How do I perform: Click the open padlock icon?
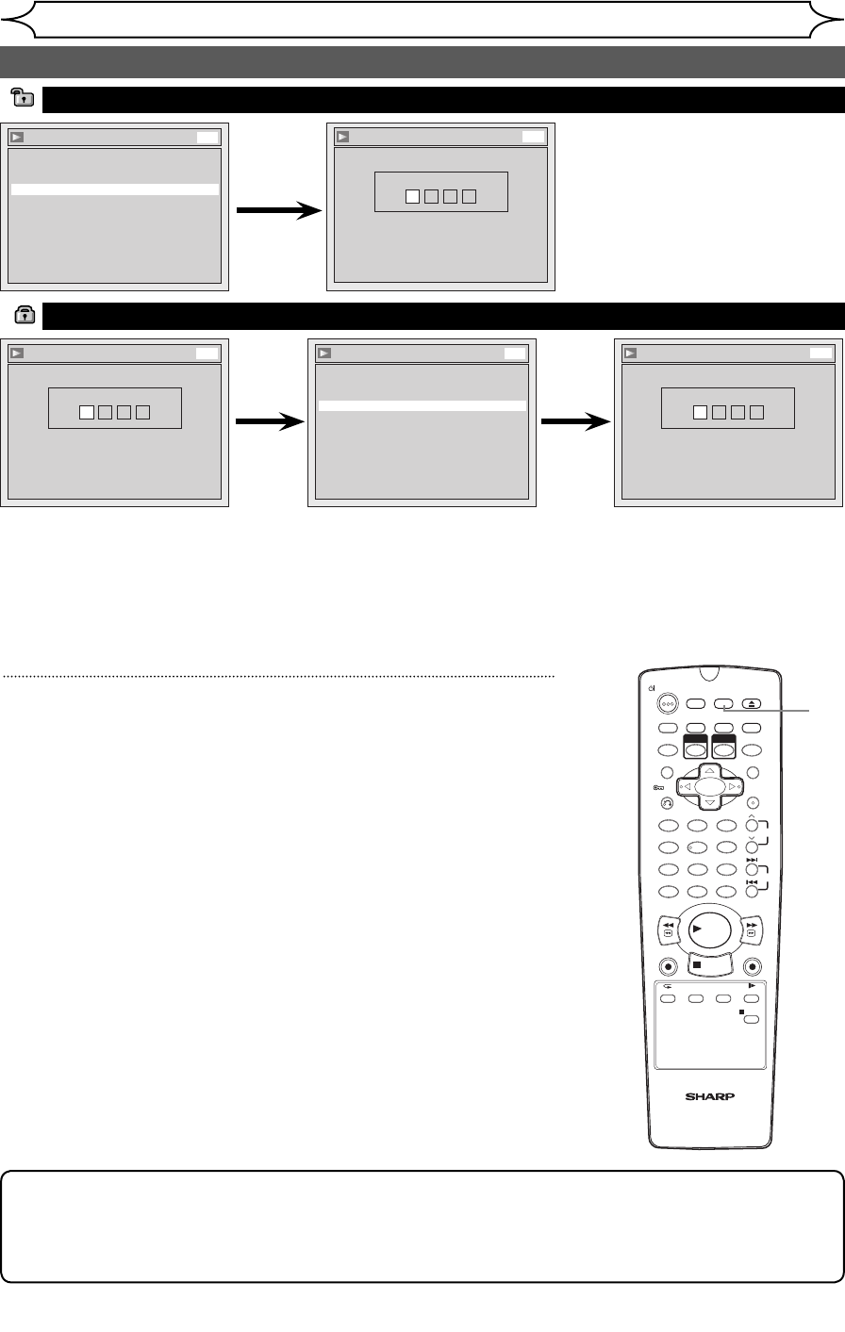[23, 97]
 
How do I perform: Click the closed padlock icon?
[25, 314]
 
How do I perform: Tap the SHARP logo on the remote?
[709, 1096]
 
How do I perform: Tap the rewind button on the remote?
[669, 929]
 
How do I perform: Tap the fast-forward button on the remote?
[752, 929]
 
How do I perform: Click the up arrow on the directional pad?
[709, 771]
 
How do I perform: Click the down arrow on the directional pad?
[709, 803]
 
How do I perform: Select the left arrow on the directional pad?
[687, 787]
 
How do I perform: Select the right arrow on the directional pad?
[733, 787]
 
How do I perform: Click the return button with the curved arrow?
[667, 803]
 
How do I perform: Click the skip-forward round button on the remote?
[753, 869]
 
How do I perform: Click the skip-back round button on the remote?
[753, 892]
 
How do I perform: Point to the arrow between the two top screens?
[279, 210]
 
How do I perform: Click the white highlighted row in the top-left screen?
[115, 189]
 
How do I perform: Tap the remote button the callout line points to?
[723, 703]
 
